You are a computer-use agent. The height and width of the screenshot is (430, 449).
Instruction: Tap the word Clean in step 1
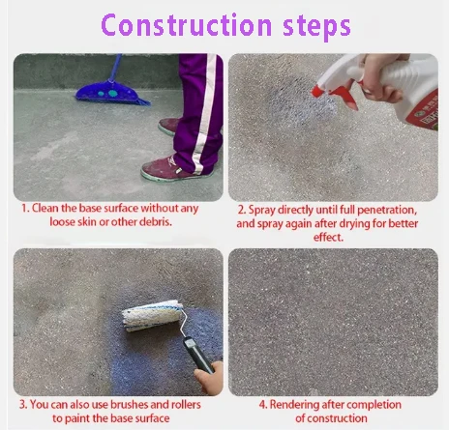click(x=46, y=209)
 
